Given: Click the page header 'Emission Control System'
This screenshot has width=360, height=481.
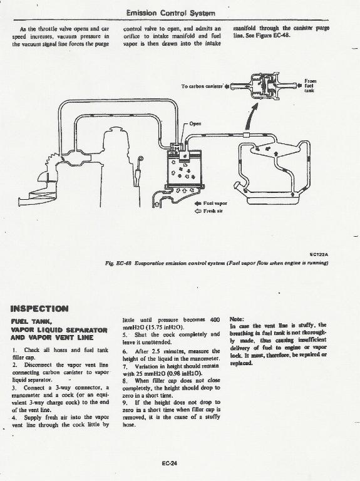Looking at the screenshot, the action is (170, 13).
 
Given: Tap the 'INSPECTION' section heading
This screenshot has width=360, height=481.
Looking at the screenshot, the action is (39, 309).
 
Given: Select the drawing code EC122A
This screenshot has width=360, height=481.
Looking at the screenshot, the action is (319, 254).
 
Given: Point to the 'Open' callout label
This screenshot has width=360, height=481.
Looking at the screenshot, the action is (195, 123).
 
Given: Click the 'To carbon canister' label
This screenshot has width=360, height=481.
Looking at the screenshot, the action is (202, 86).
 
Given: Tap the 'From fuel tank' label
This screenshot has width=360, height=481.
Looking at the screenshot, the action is (310, 86).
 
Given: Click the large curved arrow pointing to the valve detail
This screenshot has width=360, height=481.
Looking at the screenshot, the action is (249, 118).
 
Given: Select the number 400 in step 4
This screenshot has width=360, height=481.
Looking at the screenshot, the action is (215, 319).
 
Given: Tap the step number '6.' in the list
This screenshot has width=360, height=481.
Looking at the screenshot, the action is (125, 351).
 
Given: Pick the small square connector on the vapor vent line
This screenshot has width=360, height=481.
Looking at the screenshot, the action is (245, 135).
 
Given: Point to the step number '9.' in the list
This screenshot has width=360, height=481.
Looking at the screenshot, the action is (125, 403).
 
